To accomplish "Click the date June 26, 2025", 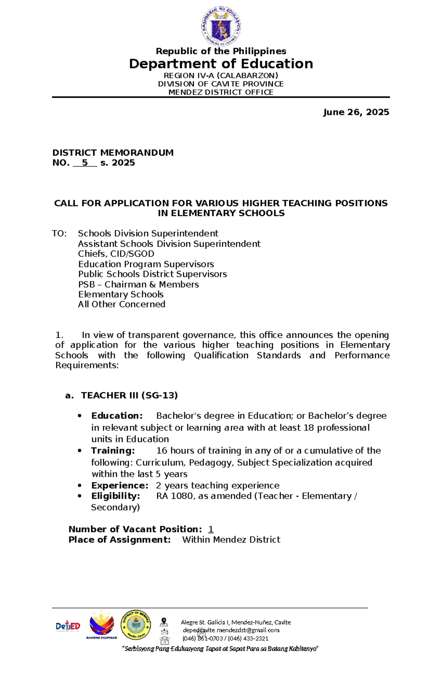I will [356, 112].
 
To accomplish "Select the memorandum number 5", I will [85, 163].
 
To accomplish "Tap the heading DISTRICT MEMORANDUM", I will [113, 153].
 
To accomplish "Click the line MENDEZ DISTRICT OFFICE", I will [221, 92].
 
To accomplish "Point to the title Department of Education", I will [221, 64].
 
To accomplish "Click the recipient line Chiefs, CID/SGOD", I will [116, 254].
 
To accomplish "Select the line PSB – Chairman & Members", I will [138, 284].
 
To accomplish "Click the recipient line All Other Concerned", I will [122, 304].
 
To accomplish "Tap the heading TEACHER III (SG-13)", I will [129, 396].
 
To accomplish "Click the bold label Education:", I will [117, 416].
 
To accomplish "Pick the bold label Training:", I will [113, 450].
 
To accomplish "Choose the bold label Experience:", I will [120, 486].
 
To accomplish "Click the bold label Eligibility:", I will [116, 496].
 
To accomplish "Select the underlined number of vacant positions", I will [211, 529].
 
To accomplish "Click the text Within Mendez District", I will [231, 540].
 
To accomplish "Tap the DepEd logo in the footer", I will [68, 626].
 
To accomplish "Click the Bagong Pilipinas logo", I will [102, 625].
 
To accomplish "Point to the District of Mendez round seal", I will [136, 625].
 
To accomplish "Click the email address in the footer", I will [231, 630].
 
